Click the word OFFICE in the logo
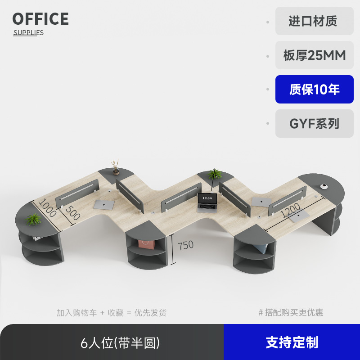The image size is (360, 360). click(x=40, y=19)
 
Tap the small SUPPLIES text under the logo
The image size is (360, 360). click(x=28, y=32)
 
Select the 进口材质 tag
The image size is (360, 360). click(x=314, y=21)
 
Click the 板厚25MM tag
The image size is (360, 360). click(x=314, y=55)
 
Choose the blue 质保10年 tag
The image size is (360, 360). click(x=314, y=90)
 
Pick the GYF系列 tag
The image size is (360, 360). click(x=314, y=124)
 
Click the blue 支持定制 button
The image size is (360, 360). click(x=292, y=342)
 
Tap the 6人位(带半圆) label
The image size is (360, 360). click(x=120, y=343)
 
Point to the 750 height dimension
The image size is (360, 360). click(x=185, y=245)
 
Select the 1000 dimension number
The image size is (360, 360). click(x=47, y=208)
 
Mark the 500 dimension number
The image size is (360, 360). click(x=72, y=212)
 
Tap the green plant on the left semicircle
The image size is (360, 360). click(x=34, y=219)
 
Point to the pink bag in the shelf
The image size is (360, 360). click(x=146, y=243)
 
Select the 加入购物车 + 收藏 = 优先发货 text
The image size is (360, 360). click(x=112, y=313)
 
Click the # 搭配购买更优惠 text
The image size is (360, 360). click(x=291, y=312)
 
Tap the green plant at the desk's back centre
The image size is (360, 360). click(x=215, y=174)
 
